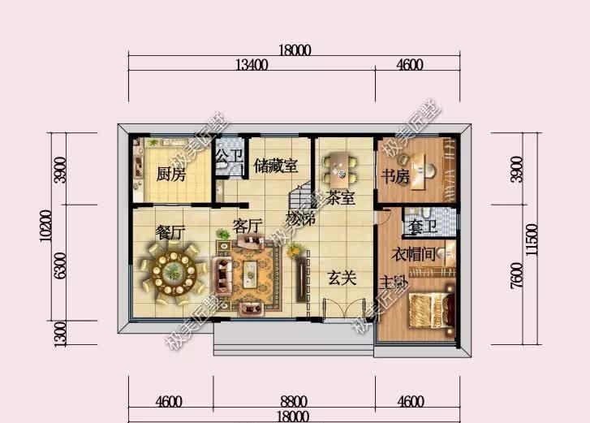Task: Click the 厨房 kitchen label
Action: point(170,174)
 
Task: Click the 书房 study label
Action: point(395,176)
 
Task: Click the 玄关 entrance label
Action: point(342,278)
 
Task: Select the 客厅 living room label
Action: point(248,227)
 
